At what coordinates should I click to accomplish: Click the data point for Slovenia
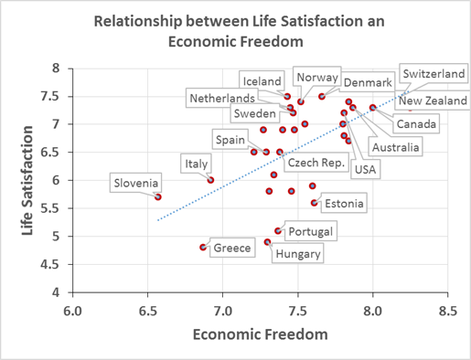click(158, 196)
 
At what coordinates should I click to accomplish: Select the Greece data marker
click(203, 247)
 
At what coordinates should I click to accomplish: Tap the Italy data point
click(211, 180)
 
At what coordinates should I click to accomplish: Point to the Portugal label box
click(308, 230)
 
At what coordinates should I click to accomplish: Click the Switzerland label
click(434, 72)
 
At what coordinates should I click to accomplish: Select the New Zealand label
click(433, 101)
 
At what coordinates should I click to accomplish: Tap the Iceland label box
click(262, 81)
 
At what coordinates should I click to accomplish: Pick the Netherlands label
click(221, 98)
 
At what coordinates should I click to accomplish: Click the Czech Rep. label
click(316, 163)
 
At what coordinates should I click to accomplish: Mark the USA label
click(365, 168)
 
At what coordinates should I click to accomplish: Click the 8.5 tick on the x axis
click(447, 311)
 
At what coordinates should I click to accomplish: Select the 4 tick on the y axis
click(58, 292)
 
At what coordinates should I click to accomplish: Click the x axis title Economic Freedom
click(260, 336)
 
